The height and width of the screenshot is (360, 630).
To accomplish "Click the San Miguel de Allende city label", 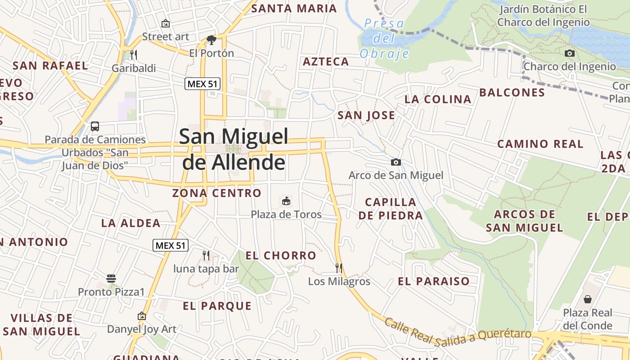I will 234,149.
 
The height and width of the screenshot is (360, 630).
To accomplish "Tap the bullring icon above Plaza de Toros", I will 286,201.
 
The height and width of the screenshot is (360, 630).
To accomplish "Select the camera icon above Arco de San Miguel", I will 396,162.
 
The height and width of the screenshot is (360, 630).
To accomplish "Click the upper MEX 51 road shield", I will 202,83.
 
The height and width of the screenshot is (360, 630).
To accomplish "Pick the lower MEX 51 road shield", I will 171,245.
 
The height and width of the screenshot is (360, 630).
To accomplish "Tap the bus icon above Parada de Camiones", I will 95,126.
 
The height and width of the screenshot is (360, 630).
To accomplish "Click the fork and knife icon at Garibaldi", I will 133,55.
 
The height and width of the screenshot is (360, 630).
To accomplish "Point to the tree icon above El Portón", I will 211,40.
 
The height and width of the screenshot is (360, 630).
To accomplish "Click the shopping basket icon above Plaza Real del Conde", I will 588,299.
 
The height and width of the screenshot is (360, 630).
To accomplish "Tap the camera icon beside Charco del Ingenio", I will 570,53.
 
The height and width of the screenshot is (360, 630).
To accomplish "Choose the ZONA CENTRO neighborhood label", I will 217,193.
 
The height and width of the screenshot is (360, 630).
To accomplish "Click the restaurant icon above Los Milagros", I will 339,268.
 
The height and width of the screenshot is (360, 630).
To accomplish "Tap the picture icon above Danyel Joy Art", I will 142,316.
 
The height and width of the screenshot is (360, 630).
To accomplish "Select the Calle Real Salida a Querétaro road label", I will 458,334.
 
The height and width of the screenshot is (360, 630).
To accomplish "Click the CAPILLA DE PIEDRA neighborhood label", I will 391,208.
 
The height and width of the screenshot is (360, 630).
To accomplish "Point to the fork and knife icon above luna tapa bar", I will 206,256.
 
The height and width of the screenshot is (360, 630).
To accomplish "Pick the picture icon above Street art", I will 166,23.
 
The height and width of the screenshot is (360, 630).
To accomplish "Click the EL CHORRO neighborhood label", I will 281,256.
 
